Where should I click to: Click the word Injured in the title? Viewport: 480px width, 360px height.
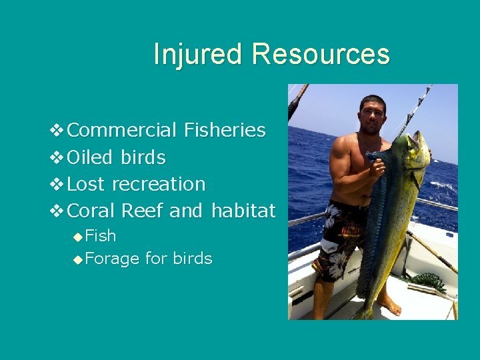coord(198,54)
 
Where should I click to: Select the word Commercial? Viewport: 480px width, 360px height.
coord(122,130)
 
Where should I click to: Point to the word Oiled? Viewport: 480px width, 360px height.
coord(91,157)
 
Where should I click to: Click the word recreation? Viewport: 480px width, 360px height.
coord(159,184)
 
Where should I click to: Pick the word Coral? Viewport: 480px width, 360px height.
coord(92,211)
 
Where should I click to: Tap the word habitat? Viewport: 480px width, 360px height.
coord(243,211)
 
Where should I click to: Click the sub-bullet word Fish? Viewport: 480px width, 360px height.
coord(101,236)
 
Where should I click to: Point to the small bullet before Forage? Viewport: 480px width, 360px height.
coord(79,259)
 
